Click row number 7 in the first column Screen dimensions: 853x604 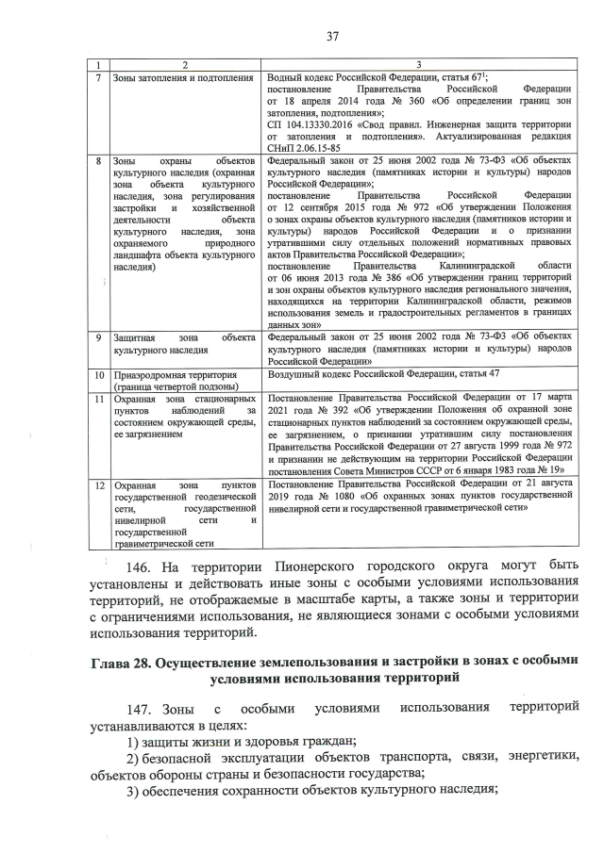(x=98, y=76)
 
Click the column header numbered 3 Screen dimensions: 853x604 (x=419, y=63)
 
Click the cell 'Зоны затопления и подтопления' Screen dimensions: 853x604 (x=182, y=76)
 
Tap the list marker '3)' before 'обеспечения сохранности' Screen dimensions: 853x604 (x=134, y=790)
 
